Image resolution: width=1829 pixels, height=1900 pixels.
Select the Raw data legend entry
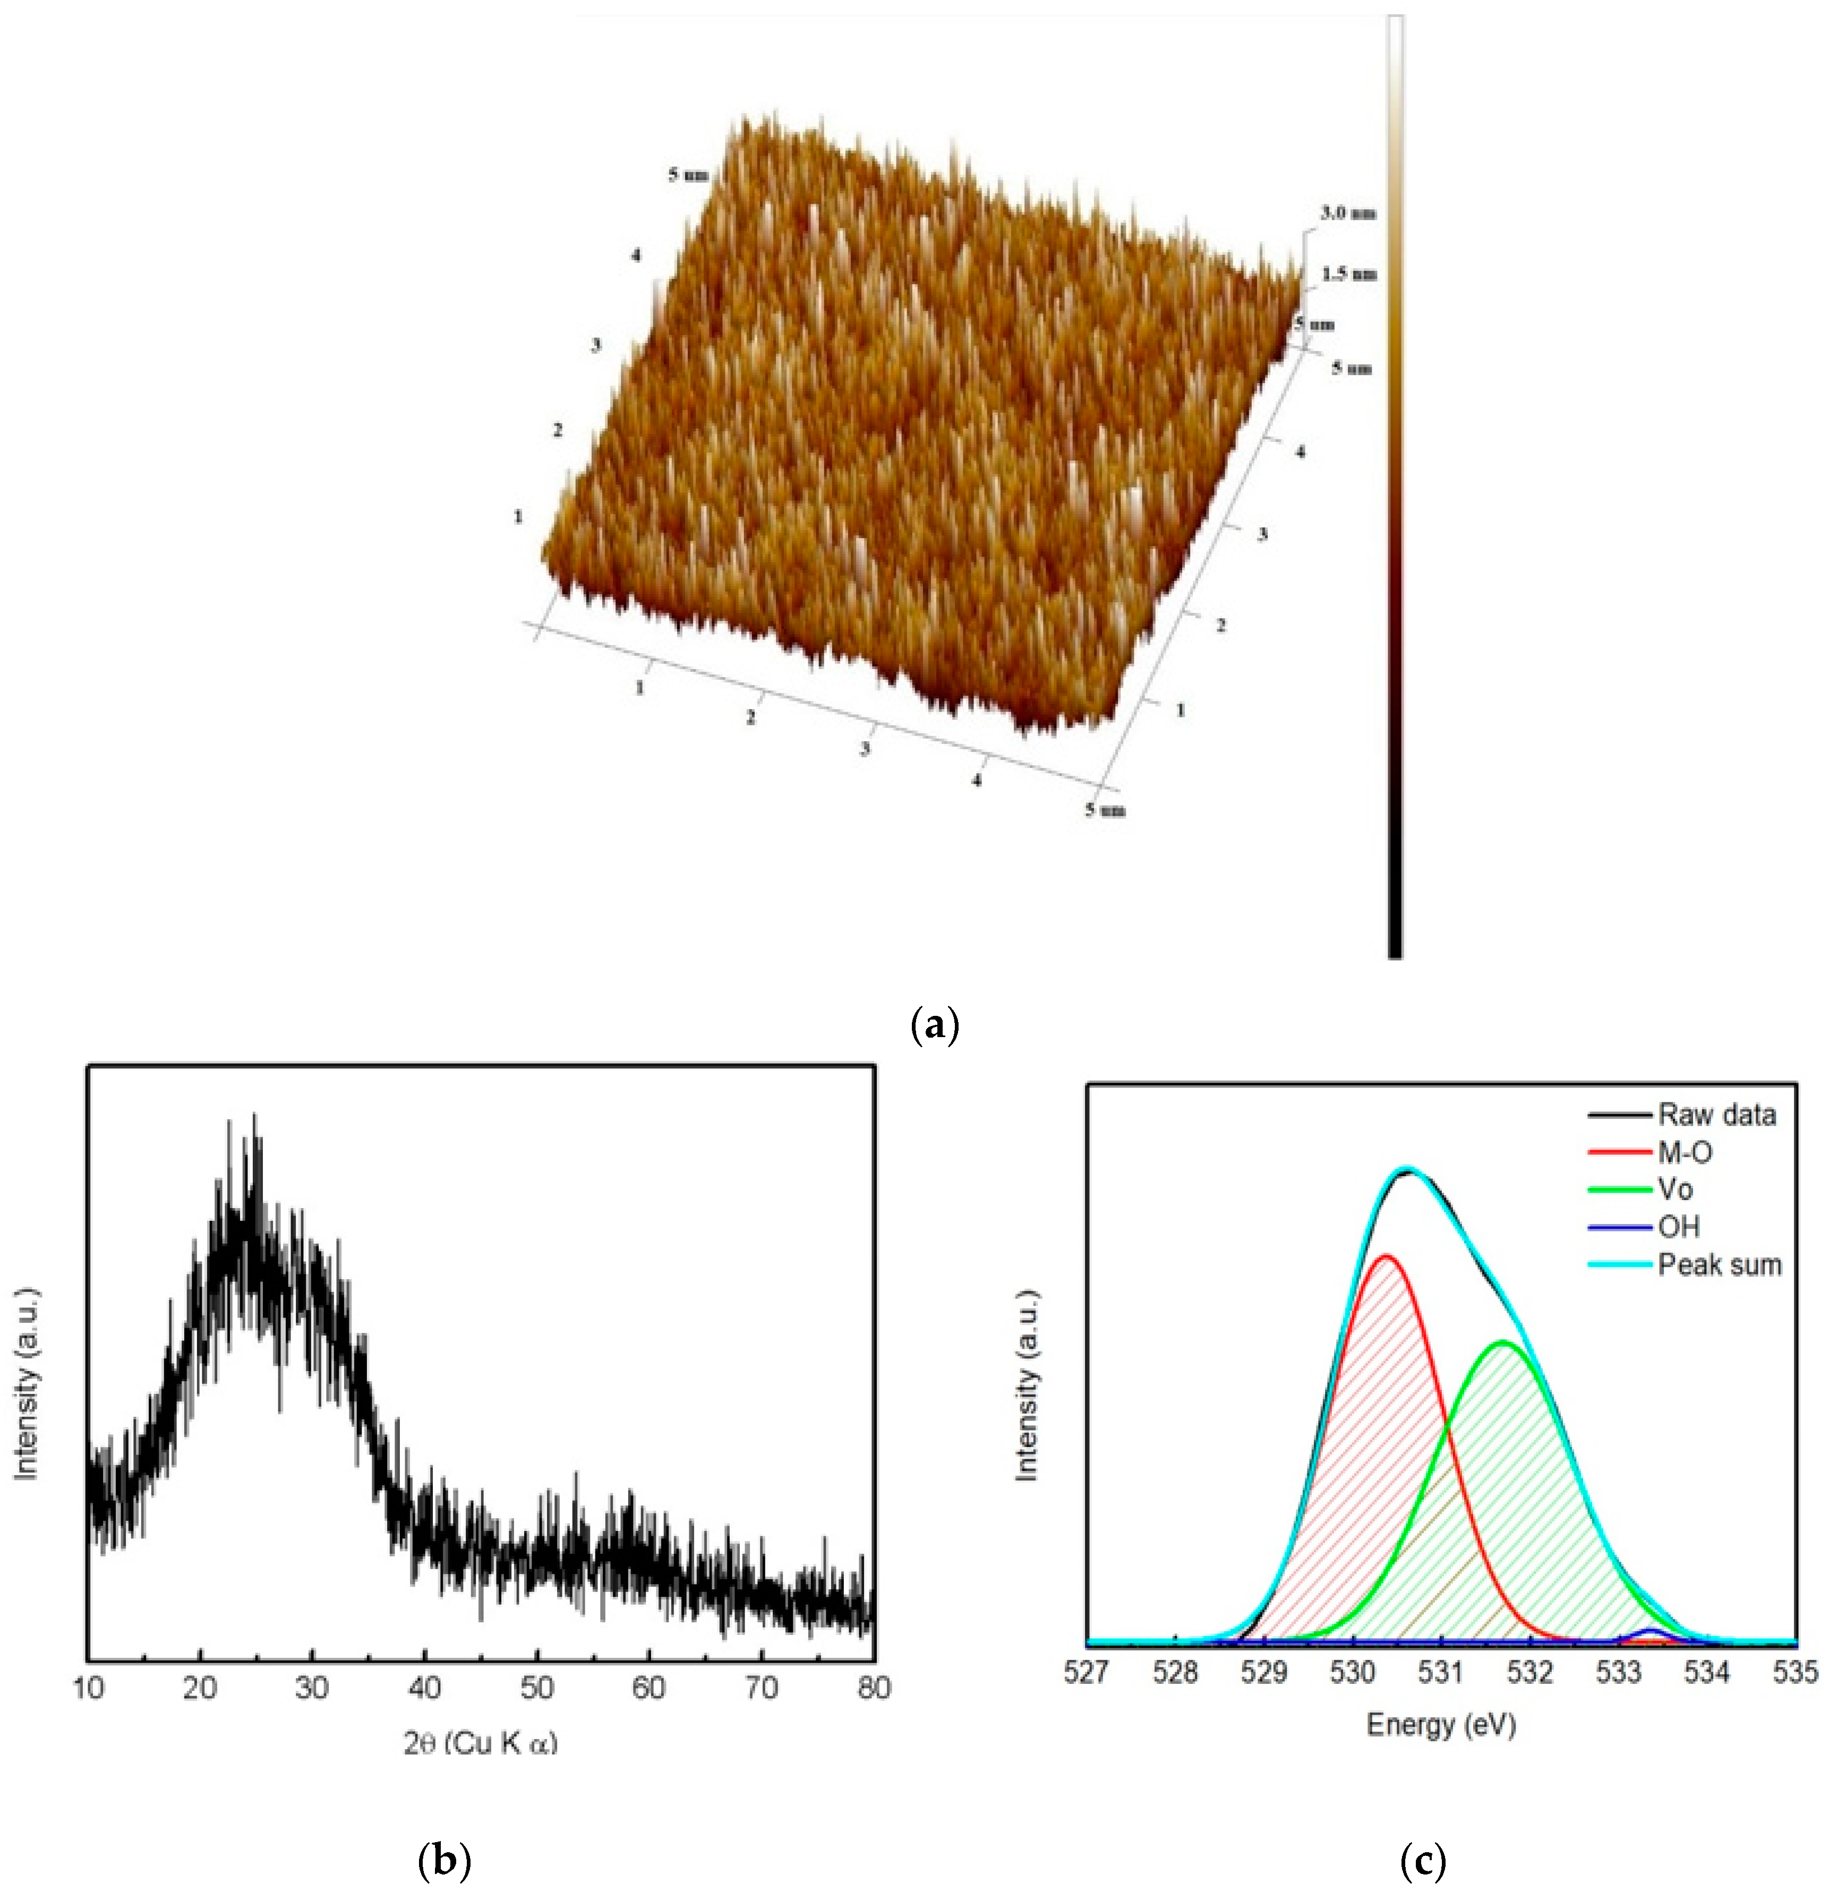(1715, 1115)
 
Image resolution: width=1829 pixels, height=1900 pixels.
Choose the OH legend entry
(1678, 1227)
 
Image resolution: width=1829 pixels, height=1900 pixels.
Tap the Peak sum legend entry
(1719, 1265)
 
